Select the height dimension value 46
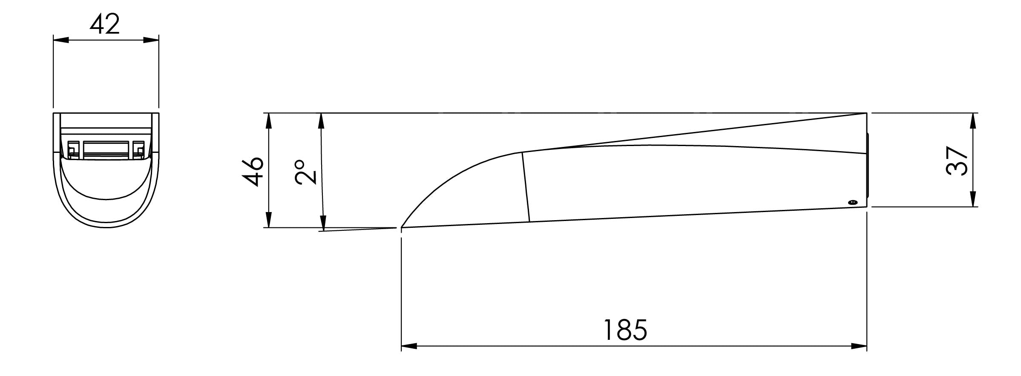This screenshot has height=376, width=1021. point(253,171)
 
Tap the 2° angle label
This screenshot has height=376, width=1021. point(305,172)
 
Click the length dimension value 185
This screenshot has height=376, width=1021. point(625,329)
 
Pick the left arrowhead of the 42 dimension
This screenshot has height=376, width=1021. point(61,40)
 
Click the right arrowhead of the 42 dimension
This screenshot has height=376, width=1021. point(151,40)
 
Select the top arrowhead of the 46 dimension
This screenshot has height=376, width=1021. point(268,121)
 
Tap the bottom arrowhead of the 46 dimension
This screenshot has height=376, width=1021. point(268,220)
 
